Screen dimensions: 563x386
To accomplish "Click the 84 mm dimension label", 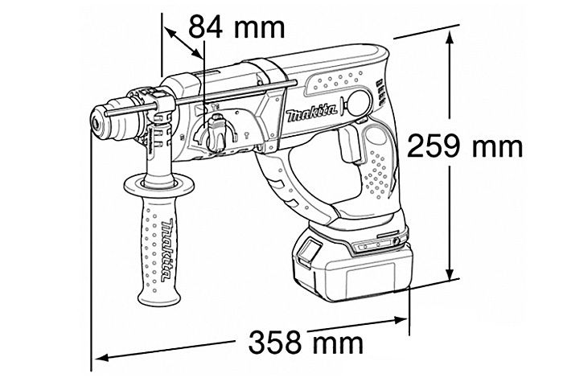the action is pos(236,27).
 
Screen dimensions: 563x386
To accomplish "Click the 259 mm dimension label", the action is pos(465,145).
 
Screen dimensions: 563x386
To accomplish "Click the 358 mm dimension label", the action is pos(306,343).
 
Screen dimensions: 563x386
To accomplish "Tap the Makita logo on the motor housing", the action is pos(312,113).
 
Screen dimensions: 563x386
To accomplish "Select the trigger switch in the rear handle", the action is pos(348,146).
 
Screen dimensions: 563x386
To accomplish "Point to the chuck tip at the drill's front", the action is pos(97,123).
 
